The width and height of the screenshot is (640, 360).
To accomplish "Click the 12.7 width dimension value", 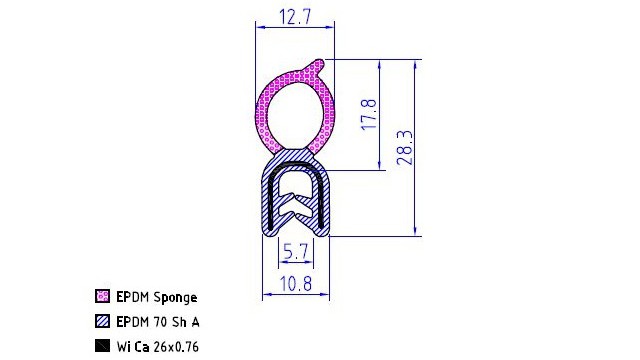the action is click(295, 17).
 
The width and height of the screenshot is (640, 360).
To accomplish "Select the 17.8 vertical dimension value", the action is click(370, 114).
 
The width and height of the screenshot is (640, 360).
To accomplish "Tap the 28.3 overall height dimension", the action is click(405, 148).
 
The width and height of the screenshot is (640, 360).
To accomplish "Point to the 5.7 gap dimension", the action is click(296, 251).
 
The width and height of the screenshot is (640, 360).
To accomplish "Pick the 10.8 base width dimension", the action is click(296, 284).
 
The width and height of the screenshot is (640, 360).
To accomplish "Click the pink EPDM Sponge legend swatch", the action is click(102, 296).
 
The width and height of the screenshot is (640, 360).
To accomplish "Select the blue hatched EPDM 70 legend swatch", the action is click(102, 321).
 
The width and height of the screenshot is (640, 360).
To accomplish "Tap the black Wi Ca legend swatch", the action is click(102, 346).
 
